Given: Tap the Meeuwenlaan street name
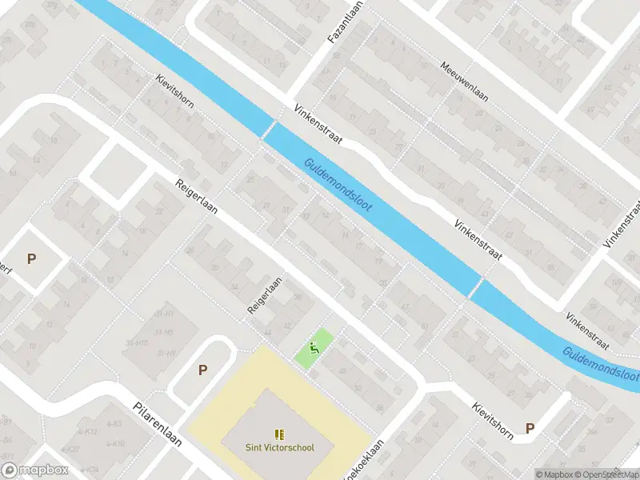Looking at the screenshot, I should tap(464, 82).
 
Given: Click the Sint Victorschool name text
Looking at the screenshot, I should tap(279, 447).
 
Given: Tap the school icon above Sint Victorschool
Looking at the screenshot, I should tap(279, 434).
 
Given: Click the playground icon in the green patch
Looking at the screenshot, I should tap(314, 348).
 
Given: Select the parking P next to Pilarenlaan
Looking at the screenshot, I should tap(202, 370).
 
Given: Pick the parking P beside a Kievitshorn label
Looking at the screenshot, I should tap(530, 428).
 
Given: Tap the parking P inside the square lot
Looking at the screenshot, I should tap(32, 258).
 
